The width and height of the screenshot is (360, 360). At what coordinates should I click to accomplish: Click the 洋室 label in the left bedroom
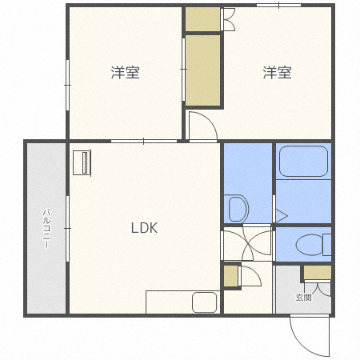point(125,73)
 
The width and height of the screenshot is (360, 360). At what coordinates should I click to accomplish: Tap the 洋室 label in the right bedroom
point(277,73)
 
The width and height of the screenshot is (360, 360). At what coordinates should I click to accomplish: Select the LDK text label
point(145,227)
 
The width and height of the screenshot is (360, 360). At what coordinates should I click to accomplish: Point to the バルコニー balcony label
point(46,228)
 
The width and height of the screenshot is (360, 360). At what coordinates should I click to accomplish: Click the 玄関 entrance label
point(304,298)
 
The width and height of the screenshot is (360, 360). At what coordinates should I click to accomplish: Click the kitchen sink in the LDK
point(204,302)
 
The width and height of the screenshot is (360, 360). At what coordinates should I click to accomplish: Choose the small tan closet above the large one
point(203,18)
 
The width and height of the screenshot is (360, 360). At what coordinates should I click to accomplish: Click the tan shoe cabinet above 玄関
point(317,272)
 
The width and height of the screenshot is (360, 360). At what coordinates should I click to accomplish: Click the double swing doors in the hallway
point(248,244)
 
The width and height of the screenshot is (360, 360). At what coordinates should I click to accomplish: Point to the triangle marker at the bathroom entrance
point(280,214)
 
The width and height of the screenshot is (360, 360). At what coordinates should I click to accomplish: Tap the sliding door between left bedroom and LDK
point(144,141)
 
